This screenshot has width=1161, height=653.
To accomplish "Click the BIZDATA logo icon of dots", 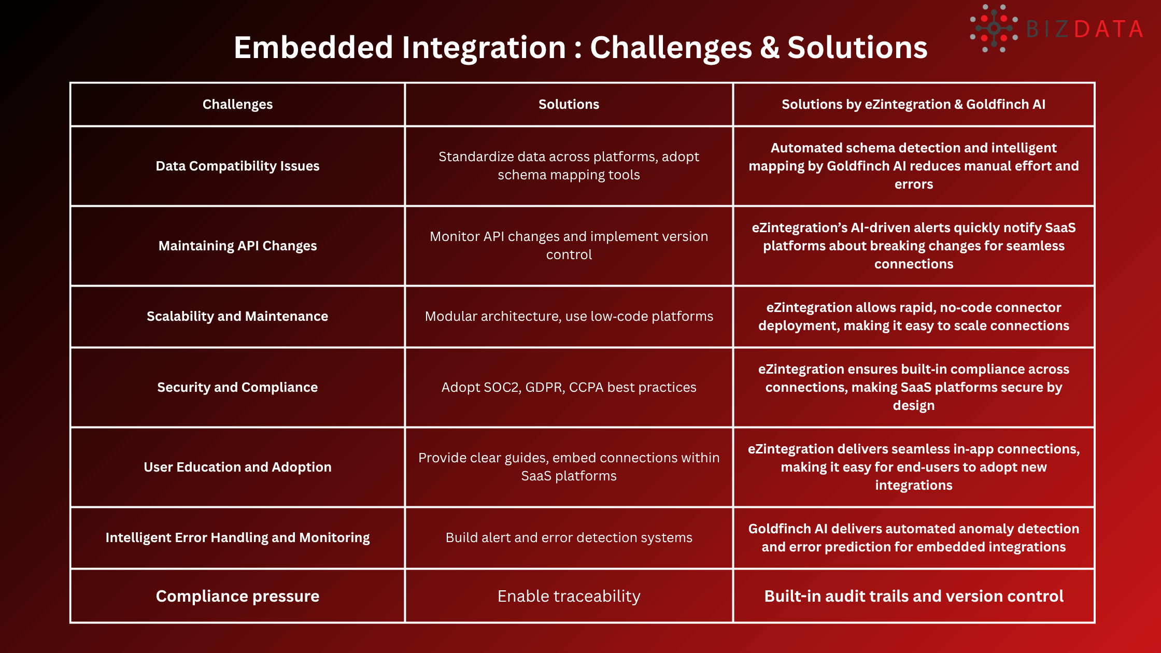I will tap(993, 29).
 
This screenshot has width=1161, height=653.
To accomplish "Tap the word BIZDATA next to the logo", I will tap(1084, 30).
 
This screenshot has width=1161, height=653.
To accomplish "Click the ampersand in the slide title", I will tap(770, 48).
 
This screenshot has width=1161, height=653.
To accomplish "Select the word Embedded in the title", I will tap(314, 48).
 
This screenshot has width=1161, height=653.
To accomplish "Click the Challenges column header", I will tap(237, 104).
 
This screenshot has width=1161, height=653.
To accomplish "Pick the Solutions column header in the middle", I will tap(569, 104).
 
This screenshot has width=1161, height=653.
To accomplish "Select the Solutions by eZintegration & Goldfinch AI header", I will tap(913, 104).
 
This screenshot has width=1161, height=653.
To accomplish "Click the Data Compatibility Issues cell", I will tap(237, 166).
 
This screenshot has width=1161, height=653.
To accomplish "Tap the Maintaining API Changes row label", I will tap(237, 246).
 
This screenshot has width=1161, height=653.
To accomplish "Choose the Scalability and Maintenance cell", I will tap(237, 316).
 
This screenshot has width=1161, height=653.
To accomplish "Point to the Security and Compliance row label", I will tap(237, 387).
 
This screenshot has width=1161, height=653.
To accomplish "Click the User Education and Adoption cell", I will tap(237, 467).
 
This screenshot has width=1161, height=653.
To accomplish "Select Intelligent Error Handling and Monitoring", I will tap(237, 537).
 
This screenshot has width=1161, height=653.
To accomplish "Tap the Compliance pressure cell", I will tap(237, 596).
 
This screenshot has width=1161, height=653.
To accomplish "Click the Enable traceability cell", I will tap(569, 596).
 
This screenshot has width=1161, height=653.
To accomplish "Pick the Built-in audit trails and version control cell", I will tap(913, 596).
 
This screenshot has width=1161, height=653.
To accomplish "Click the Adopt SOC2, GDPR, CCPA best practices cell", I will tap(569, 387).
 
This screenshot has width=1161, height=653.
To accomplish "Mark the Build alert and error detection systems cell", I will tap(569, 537).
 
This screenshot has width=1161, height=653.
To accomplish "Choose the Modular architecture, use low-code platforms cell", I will tap(569, 316).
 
